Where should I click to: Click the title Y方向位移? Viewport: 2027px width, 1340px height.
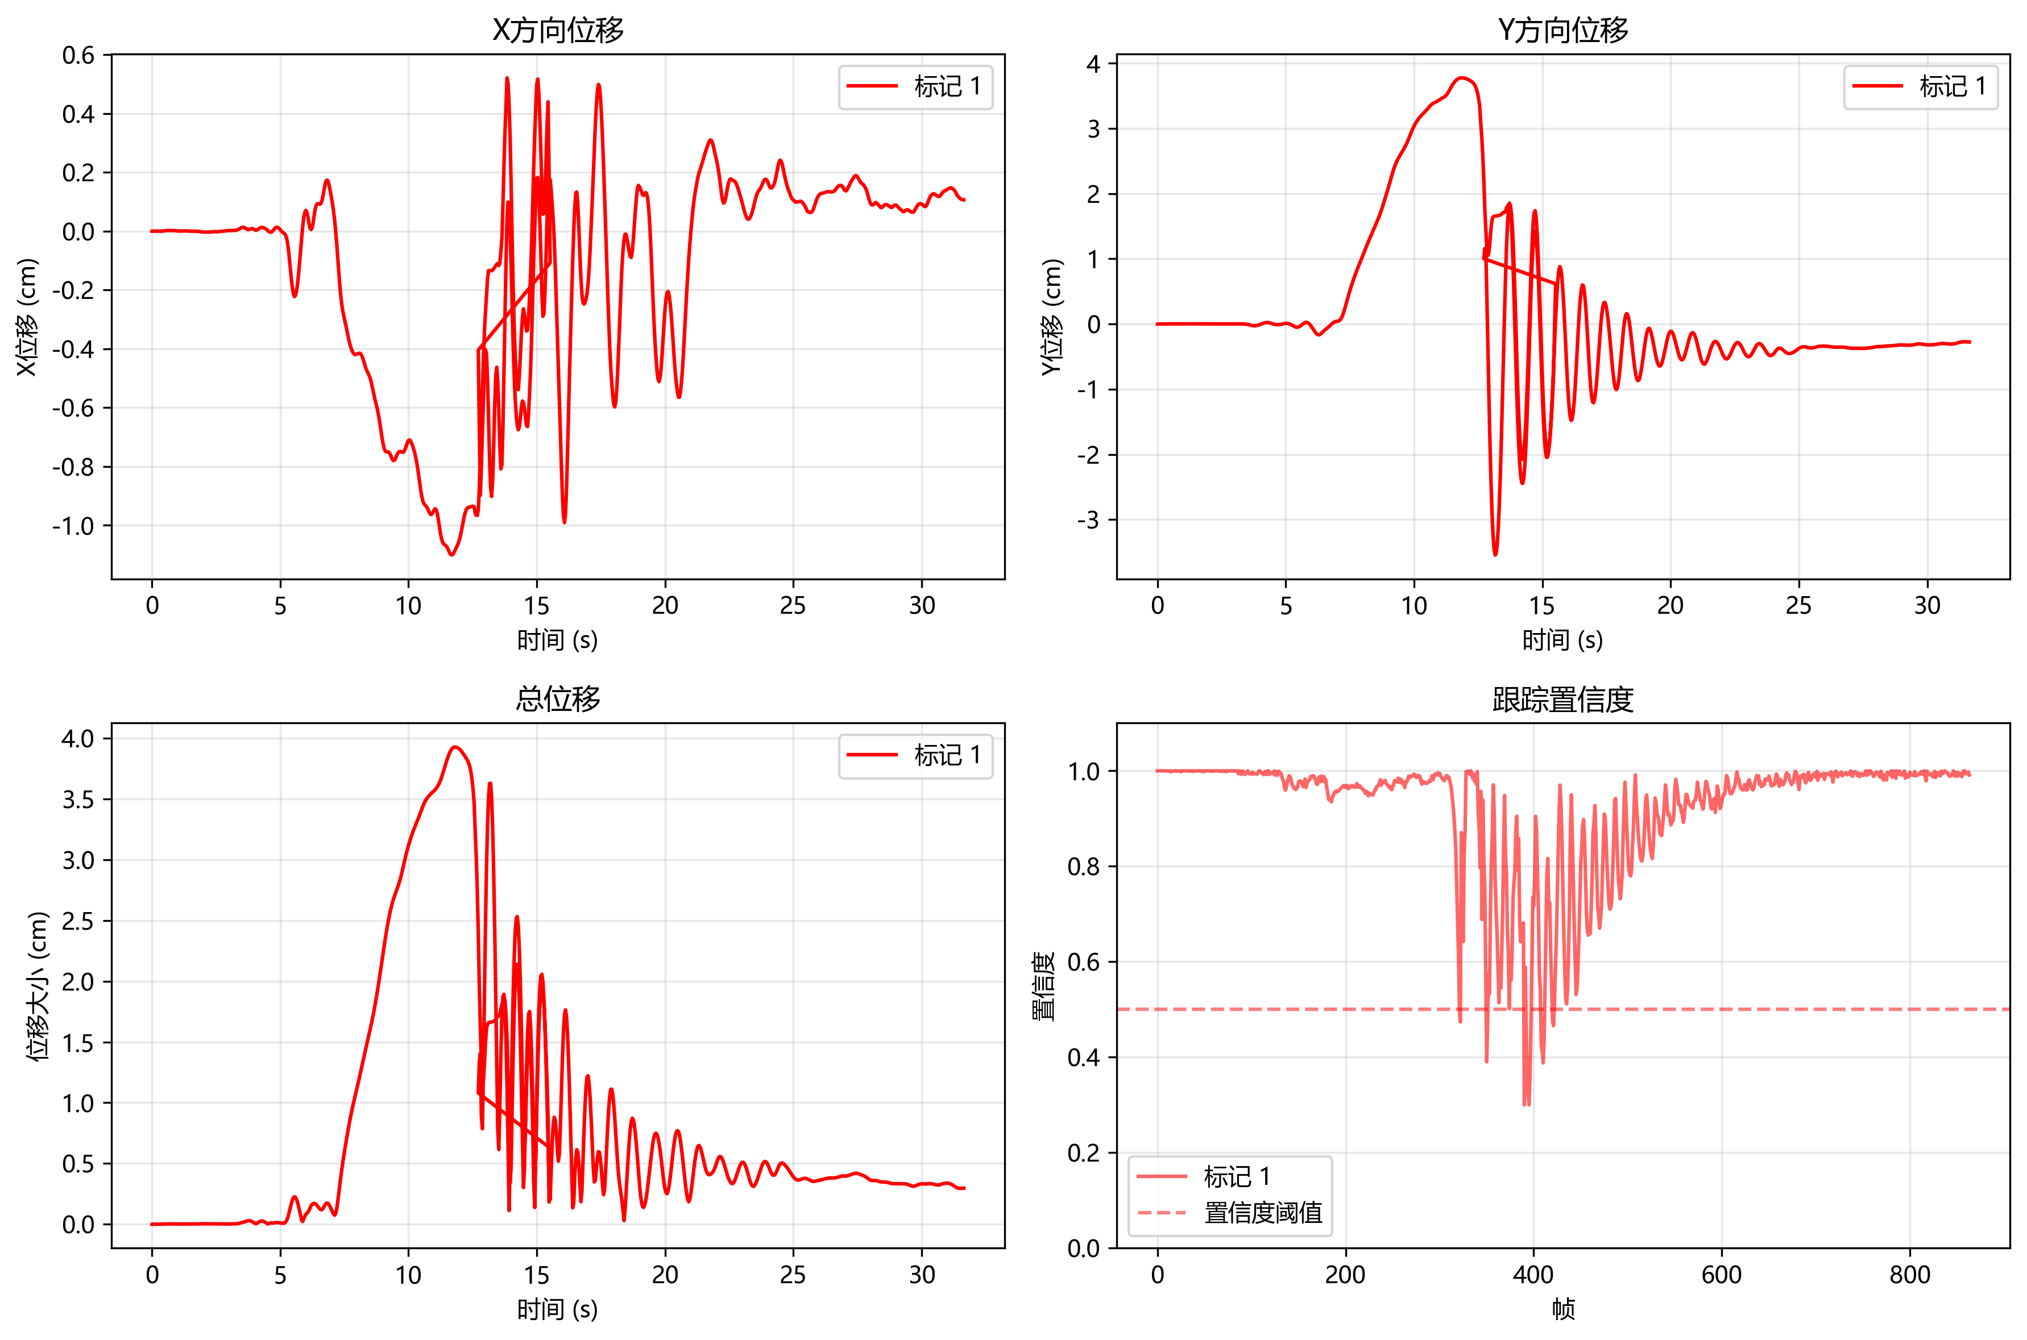point(1563,30)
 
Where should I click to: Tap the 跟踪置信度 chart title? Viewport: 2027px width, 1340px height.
point(1563,699)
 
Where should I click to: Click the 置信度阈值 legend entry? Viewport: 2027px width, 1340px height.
point(1263,1213)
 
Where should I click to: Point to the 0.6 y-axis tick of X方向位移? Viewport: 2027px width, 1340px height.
point(78,56)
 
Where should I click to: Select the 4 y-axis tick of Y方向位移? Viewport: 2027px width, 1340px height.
point(1093,64)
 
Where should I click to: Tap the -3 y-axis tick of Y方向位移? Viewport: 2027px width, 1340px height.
point(1088,521)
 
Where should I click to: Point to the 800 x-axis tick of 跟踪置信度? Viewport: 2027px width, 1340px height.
point(1910,1275)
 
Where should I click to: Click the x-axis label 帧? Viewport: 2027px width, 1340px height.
point(1563,1309)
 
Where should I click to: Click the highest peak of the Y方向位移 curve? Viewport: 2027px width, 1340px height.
point(1463,78)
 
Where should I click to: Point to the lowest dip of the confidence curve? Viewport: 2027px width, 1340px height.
point(1526,1105)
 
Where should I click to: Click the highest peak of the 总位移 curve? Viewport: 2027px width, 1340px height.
point(455,747)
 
